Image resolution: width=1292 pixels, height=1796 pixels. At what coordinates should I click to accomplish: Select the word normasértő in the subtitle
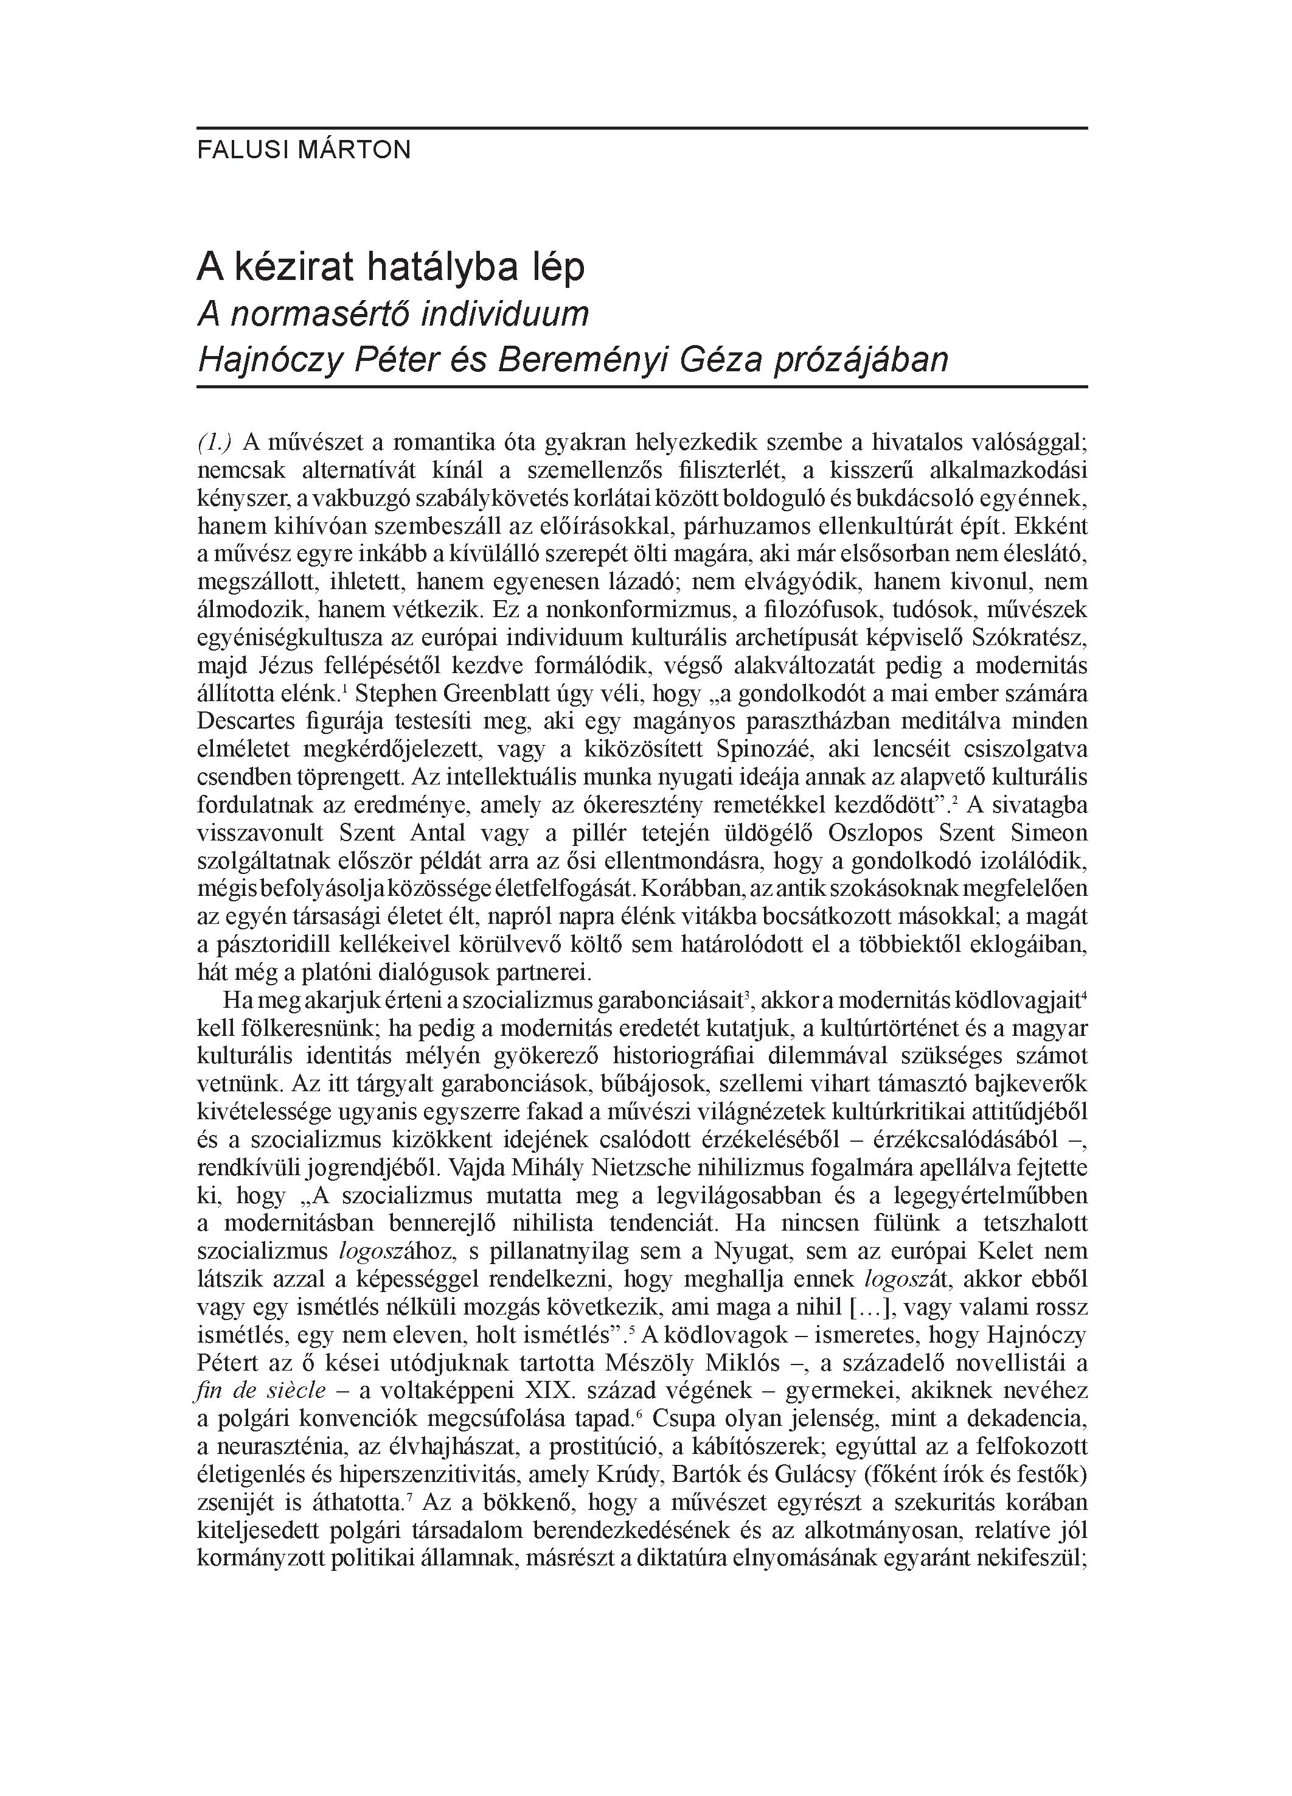pyautogui.click(x=319, y=315)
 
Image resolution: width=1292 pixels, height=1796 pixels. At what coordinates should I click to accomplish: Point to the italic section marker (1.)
pyautogui.click(x=215, y=441)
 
